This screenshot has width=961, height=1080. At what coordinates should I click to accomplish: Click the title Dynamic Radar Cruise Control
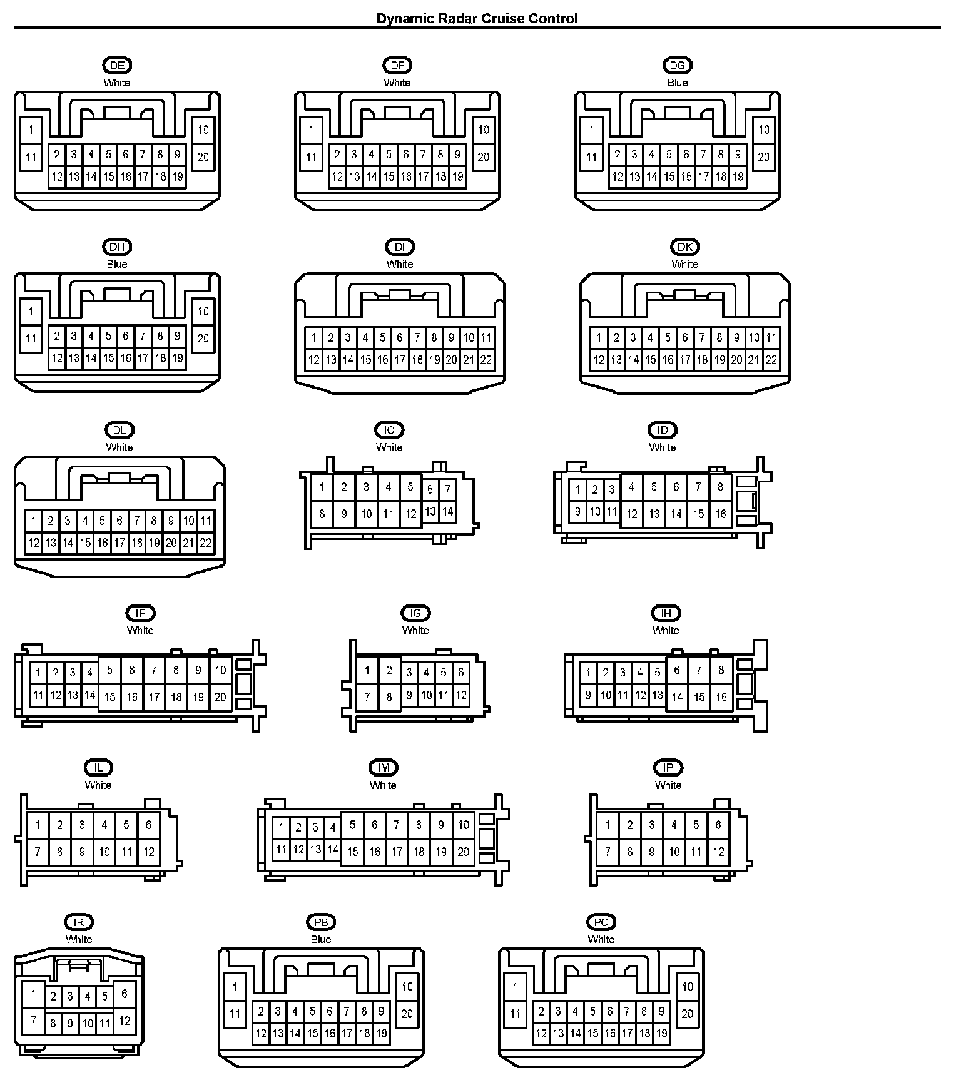(477, 18)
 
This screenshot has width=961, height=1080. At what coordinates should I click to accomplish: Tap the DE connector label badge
(117, 65)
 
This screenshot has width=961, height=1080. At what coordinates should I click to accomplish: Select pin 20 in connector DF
(483, 156)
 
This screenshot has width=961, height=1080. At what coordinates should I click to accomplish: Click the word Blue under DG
(678, 83)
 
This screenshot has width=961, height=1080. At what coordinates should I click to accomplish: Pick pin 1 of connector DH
(31, 311)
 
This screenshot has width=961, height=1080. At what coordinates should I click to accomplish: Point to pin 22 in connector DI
(486, 360)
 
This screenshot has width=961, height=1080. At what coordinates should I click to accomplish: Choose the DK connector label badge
(685, 247)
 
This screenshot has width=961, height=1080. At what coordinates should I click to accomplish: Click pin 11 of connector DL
(205, 521)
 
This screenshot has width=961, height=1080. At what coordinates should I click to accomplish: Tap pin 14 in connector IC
(447, 511)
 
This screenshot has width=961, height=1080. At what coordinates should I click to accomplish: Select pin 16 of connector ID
(720, 514)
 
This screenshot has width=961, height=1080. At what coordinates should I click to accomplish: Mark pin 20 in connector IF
(220, 696)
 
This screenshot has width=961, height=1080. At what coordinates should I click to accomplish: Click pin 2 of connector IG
(389, 671)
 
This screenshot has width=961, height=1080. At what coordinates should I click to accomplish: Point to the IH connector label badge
(666, 613)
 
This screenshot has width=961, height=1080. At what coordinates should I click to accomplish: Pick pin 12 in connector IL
(148, 852)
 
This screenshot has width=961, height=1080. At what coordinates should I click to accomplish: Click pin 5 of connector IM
(353, 825)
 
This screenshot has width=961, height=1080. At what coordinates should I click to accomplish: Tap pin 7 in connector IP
(608, 852)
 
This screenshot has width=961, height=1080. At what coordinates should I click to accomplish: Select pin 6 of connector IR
(125, 993)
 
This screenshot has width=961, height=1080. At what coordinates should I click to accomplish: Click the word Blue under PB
(321, 939)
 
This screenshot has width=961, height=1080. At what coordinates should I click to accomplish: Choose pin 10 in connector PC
(687, 987)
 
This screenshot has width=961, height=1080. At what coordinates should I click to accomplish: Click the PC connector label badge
(601, 922)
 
